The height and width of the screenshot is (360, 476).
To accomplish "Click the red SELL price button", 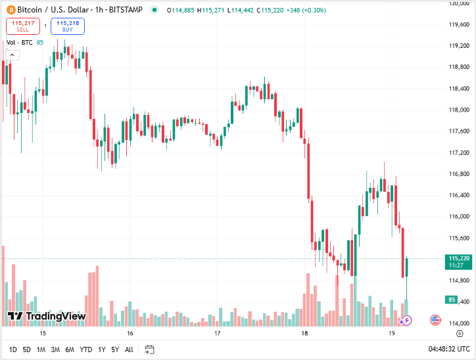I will click(22, 26).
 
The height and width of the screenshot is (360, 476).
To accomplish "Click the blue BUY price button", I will click(68, 26).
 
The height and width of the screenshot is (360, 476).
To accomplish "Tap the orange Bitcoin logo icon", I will click(10, 10).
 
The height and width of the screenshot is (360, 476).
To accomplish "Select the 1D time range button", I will click(13, 349).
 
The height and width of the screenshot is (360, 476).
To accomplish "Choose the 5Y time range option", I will click(115, 349).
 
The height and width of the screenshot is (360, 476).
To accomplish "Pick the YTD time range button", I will click(86, 349).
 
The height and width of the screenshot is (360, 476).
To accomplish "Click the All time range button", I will click(129, 349).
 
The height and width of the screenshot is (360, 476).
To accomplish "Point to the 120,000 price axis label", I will click(458, 3).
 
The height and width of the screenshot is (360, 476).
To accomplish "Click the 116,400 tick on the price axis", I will click(458, 195).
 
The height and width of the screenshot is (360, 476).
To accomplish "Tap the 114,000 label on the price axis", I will click(458, 323).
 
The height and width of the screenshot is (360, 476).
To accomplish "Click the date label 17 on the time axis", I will click(217, 334).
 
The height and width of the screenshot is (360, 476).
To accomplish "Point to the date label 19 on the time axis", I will click(391, 334).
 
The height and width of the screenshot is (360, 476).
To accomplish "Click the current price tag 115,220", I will click(458, 258).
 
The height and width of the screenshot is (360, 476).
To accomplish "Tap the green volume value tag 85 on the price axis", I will click(452, 300).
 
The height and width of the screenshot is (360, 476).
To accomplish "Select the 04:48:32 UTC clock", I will click(449, 349).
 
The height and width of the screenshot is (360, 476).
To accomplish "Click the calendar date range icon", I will click(149, 349).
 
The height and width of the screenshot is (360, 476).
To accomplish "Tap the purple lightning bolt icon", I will click(406, 321).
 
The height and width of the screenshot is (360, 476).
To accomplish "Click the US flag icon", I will click(435, 320).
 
